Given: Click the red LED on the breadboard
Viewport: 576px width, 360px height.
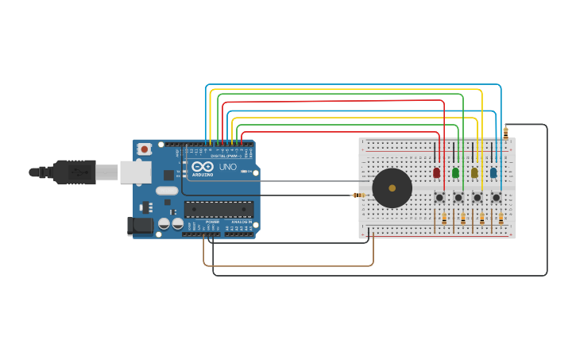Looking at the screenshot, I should pos(436,172).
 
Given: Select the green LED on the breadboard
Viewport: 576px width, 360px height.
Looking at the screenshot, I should pos(455,172).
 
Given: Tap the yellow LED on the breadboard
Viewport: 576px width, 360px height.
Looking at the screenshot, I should pos(474,172).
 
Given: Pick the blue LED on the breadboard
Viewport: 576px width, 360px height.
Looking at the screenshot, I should pos(493,172).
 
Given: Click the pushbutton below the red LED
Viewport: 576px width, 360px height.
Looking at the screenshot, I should pos(439,197).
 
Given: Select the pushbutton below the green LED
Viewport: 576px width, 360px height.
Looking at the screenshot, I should pos(458,197).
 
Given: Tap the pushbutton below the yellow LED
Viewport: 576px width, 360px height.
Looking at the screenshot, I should pos(477,197).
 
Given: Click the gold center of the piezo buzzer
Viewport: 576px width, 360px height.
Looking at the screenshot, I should pos(392,188).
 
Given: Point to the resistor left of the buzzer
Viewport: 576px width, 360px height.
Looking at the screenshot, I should pos(360,195).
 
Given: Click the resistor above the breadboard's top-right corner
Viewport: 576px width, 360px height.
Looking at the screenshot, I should pos(505,133).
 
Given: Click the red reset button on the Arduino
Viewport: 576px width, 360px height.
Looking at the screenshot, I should pos(145,149).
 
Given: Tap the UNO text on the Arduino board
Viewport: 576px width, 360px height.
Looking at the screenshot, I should pos(228,168).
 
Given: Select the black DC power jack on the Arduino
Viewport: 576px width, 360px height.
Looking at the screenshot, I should pos(141,226).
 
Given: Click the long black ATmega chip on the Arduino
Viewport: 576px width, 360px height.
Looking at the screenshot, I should pos(219,210).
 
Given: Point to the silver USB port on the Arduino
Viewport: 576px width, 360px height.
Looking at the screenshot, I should pos(135,172).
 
